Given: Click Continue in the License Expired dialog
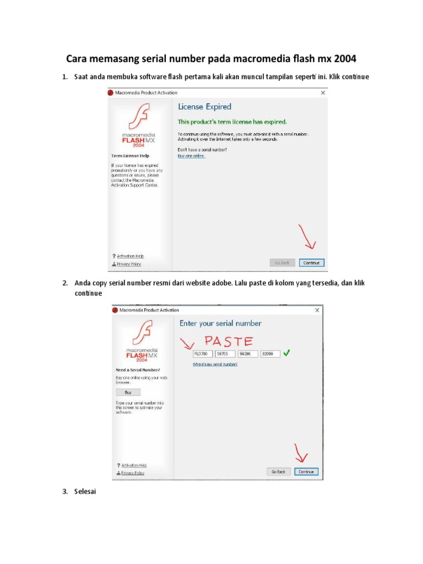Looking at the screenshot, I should pyautogui.click(x=311, y=263).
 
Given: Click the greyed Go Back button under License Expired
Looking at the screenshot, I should pyautogui.click(x=283, y=263).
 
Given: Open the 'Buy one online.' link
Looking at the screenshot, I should pyautogui.click(x=191, y=156).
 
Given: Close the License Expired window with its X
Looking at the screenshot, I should pyautogui.click(x=323, y=93).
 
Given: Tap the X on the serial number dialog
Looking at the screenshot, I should pyautogui.click(x=317, y=310).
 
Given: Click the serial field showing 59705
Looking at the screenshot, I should pyautogui.click(x=225, y=354).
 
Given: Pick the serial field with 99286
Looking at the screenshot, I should pyautogui.click(x=247, y=354).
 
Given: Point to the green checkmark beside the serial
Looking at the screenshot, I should pyautogui.click(x=286, y=353).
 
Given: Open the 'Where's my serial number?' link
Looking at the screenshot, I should pyautogui.click(x=215, y=364).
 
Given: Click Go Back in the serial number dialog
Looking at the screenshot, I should pyautogui.click(x=278, y=471).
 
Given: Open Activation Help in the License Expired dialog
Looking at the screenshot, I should pyautogui.click(x=130, y=256).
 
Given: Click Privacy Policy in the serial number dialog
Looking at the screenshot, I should pyautogui.click(x=132, y=473).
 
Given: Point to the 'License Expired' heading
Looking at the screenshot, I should pyautogui.click(x=204, y=107).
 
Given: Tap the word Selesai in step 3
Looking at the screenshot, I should pyautogui.click(x=85, y=491).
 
